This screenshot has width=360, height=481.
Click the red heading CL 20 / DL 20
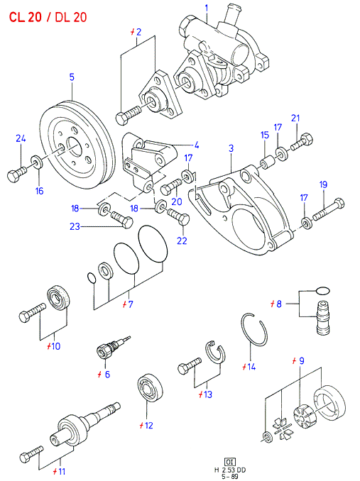pos(48,17)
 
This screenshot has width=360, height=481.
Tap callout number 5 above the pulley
pos(72,77)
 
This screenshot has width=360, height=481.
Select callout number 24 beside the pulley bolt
pos(21,138)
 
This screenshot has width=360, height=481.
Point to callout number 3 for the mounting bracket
pos(231,148)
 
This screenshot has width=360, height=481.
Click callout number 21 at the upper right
pos(295,118)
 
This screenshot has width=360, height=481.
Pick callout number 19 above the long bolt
pos(323,184)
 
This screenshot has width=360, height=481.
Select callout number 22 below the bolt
pos(182,240)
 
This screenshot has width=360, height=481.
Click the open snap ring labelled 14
pos(242,329)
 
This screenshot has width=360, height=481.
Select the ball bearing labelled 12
pos(150,387)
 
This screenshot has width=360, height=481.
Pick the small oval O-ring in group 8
pos(323,290)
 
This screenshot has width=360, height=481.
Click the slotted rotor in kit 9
pos(304,416)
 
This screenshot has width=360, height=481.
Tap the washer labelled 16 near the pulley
pos(37,162)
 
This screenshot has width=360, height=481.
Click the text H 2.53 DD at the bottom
pos(230,470)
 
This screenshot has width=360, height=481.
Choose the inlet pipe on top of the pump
pos(232,12)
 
